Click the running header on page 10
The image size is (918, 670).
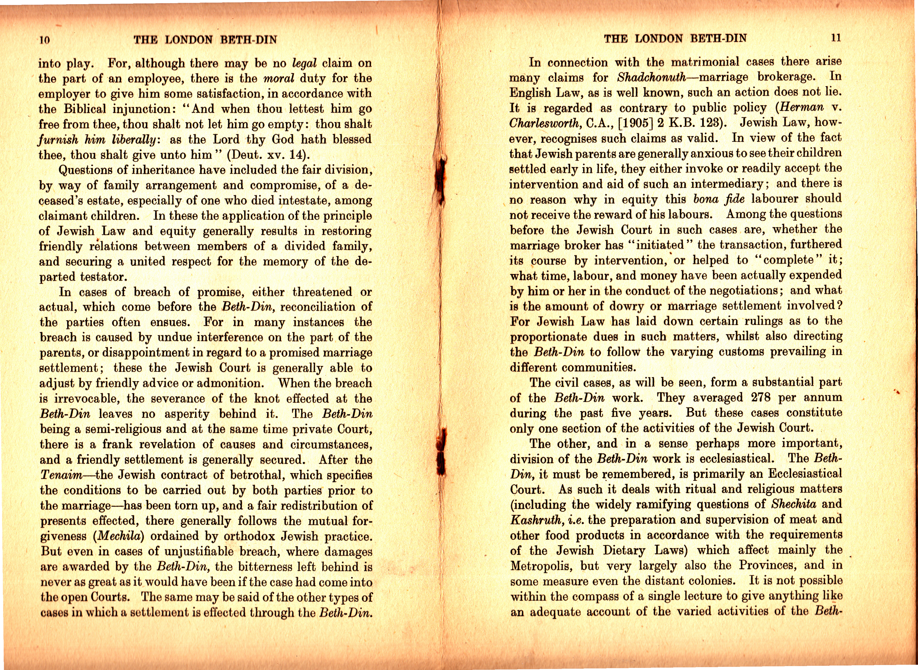[x=205, y=40]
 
